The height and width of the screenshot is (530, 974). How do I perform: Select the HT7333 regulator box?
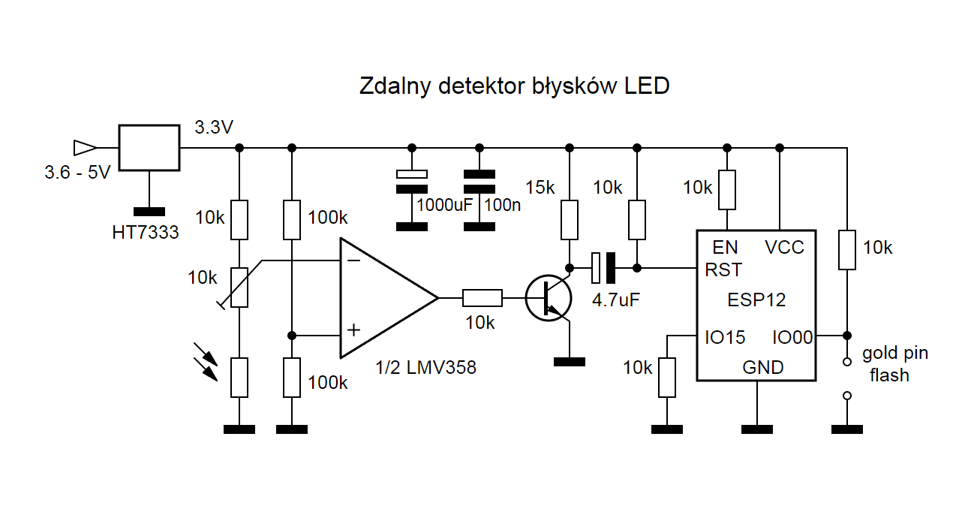coord(149,148)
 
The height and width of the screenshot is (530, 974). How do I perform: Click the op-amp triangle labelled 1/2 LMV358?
coord(383,298)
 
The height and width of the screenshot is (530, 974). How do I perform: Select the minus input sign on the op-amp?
coord(353,260)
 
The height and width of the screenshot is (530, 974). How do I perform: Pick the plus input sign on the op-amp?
coord(353,330)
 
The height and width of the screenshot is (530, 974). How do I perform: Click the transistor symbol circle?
coord(548,298)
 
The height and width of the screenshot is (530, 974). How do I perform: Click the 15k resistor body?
coord(570,219)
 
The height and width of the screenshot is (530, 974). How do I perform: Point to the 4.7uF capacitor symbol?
coord(603,266)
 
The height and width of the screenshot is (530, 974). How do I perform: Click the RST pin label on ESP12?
coord(723,270)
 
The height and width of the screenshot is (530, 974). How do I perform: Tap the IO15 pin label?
coord(725,338)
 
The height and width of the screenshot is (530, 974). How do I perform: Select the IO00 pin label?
coord(792,338)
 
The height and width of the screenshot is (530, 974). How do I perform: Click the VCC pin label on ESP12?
coord(784,247)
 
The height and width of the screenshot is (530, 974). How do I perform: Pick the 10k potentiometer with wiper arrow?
coord(239,288)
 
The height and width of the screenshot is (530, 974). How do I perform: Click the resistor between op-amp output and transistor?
coord(482,298)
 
